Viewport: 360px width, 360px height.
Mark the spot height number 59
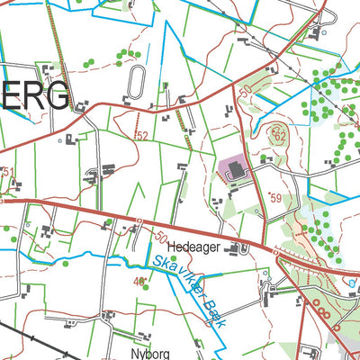coord(274,198)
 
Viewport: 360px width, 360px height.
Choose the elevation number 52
coord(142,135)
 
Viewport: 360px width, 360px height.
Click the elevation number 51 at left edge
coord(8,171)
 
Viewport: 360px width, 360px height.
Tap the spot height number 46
coord(139,282)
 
